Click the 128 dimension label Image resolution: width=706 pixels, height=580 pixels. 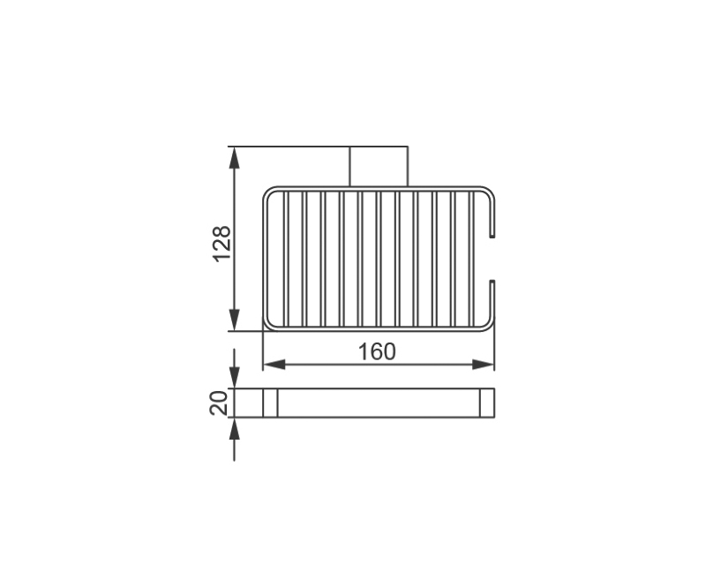222,243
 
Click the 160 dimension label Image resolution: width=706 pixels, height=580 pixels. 377,351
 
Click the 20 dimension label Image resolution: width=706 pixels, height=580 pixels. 219,403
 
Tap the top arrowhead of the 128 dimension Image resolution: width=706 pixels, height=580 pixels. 234,158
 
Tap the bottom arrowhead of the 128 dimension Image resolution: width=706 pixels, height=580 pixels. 234,320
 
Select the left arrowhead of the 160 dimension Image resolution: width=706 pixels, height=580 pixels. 274,365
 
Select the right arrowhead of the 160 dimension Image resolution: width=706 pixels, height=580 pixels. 483,365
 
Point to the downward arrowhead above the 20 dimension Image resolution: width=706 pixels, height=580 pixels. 234,377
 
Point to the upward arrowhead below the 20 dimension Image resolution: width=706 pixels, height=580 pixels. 234,429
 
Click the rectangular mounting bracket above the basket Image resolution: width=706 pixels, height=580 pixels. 379,166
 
